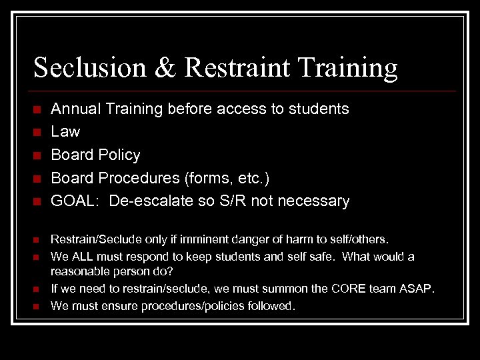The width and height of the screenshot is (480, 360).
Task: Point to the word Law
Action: click(x=65, y=132)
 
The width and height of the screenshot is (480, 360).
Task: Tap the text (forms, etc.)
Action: click(x=227, y=179)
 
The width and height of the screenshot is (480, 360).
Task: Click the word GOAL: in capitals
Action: click(x=75, y=201)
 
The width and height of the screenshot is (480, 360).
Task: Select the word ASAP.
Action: click(x=417, y=289)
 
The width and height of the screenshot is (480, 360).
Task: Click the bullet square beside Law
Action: click(x=37, y=133)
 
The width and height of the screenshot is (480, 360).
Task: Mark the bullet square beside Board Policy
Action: click(x=37, y=156)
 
